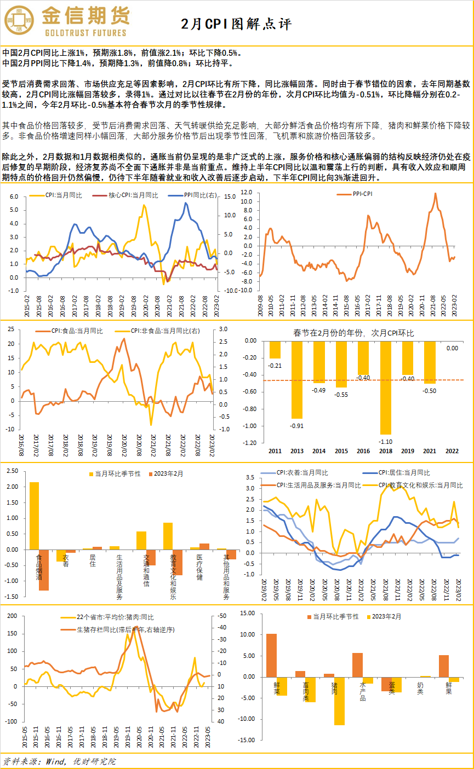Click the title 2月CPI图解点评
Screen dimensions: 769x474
237,24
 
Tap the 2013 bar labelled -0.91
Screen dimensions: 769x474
297,379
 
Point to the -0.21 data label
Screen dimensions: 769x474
275,365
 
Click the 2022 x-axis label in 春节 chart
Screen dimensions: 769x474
452,450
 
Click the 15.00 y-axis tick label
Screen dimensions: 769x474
247,614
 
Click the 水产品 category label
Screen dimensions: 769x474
362,691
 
